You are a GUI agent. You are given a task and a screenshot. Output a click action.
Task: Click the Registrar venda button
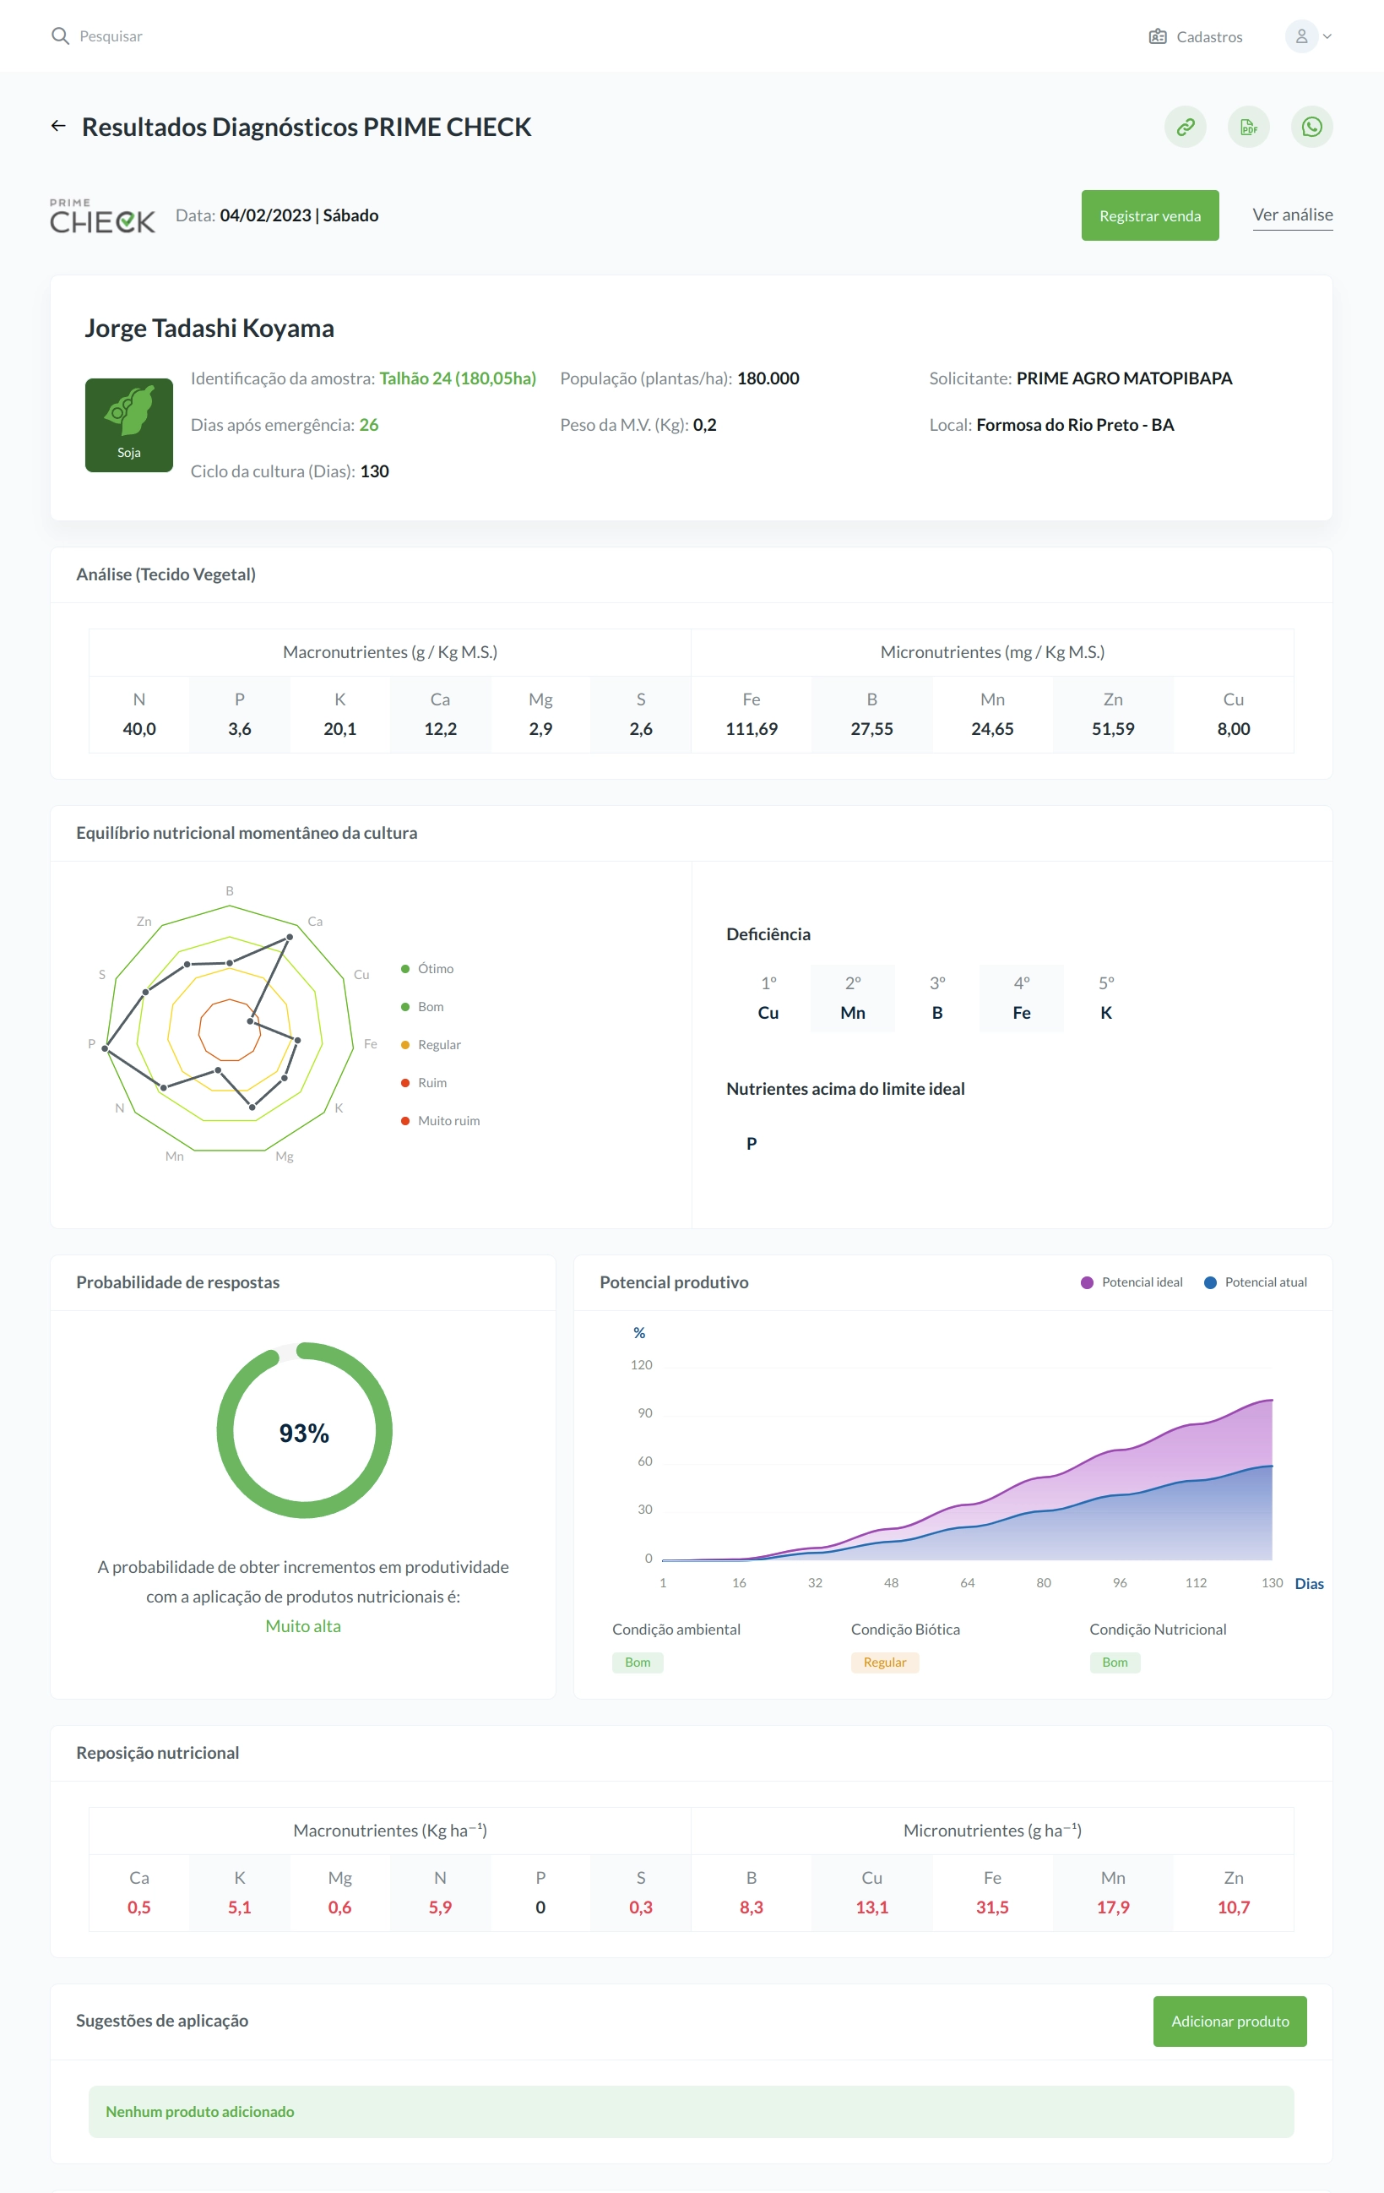(x=1149, y=216)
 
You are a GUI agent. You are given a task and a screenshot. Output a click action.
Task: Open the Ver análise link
(x=1292, y=215)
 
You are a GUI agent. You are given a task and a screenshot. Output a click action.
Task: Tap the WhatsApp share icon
(x=1311, y=127)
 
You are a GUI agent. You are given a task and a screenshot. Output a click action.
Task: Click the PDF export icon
(x=1248, y=127)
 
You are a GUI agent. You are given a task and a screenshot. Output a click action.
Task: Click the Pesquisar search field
(x=110, y=36)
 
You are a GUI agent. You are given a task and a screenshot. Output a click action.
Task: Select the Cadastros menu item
(x=1196, y=36)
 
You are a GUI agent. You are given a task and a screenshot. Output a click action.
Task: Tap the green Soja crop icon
(x=129, y=425)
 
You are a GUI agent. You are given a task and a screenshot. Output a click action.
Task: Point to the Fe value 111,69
(x=752, y=728)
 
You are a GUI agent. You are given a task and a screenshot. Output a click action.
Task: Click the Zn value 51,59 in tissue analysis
(x=1113, y=728)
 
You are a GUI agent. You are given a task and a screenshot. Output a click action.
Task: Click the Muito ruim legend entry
(x=441, y=1120)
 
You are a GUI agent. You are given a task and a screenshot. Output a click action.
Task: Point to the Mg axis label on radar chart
(x=284, y=1156)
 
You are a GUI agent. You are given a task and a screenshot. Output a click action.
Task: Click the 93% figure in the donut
(x=304, y=1433)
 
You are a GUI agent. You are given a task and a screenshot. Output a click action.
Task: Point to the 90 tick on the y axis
(x=644, y=1412)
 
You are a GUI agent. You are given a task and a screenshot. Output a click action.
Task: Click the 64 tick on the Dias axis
(x=967, y=1583)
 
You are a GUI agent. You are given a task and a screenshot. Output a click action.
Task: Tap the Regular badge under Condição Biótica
(x=884, y=1662)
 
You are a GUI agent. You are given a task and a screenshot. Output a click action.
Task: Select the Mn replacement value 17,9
(x=1113, y=1907)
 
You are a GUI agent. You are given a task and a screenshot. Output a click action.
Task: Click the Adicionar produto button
(x=1229, y=2021)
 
